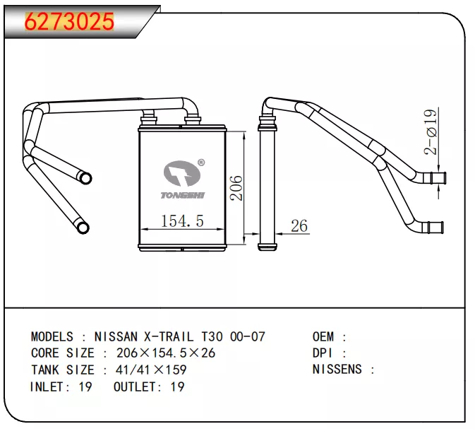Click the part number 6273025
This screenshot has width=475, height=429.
[x=69, y=23]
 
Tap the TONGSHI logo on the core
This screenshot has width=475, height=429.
[x=182, y=179]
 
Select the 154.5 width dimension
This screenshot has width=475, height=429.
[x=182, y=221]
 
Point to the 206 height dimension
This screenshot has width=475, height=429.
[x=236, y=188]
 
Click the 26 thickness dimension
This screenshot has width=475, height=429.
[x=299, y=226]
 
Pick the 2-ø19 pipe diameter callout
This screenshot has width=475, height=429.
[x=430, y=132]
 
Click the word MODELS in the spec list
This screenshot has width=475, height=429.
[x=52, y=336]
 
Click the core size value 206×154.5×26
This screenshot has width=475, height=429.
[x=166, y=353]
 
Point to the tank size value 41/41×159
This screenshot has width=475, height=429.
[x=145, y=370]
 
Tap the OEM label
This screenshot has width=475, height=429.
[x=323, y=336]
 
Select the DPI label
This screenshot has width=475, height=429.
[x=323, y=353]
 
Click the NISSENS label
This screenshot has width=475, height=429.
[x=337, y=369]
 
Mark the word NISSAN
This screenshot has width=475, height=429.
[x=116, y=336]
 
